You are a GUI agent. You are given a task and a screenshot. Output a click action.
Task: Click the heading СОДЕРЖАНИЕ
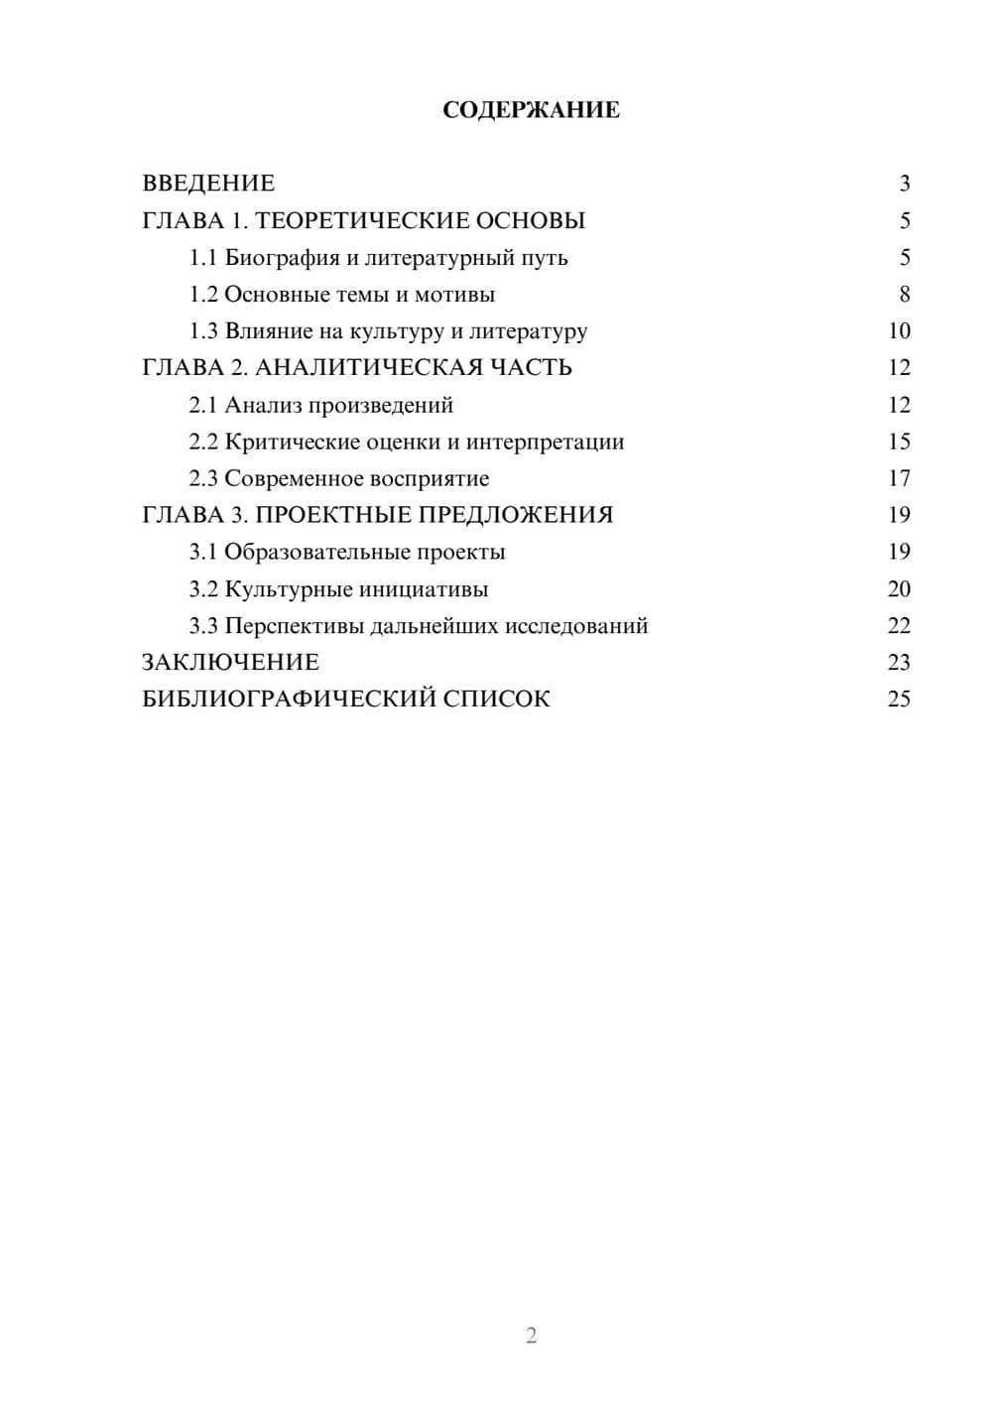point(531,110)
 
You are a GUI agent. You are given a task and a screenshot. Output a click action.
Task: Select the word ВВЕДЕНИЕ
point(208,184)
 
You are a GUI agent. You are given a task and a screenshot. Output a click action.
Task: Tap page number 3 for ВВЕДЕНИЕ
point(905,184)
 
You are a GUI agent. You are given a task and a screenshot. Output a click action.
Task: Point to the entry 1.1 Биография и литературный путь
point(378,258)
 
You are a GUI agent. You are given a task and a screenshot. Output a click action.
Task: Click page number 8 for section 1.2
point(905,295)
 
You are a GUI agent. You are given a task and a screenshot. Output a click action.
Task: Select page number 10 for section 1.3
point(899,331)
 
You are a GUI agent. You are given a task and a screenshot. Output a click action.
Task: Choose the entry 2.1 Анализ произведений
point(320,405)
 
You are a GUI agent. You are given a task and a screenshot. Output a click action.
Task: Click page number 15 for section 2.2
point(899,442)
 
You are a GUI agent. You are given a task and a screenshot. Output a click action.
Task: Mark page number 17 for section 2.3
point(899,478)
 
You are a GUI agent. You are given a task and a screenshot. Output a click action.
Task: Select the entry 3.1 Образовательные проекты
point(347,552)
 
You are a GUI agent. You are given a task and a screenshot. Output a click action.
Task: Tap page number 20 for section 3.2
point(899,589)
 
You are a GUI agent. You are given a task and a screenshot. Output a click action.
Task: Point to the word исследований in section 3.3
point(576,626)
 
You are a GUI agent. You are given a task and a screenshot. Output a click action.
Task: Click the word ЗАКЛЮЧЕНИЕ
point(230,663)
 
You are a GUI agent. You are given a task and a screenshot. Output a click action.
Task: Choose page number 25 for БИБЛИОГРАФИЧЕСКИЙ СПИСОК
point(899,700)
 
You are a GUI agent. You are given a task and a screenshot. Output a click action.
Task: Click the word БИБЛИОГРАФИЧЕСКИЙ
point(289,700)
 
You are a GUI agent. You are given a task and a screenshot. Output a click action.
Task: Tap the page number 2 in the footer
point(531,1336)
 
